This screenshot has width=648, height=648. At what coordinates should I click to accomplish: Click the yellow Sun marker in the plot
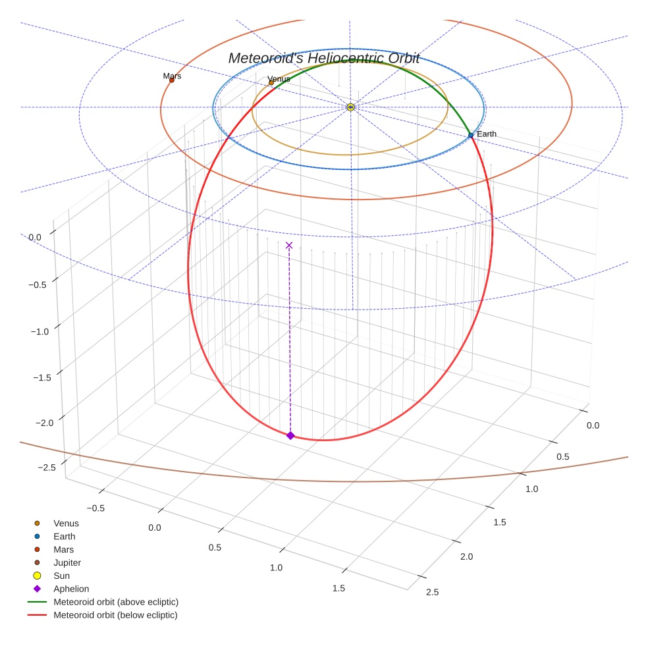point(350,107)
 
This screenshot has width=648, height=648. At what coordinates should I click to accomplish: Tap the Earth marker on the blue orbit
point(471,135)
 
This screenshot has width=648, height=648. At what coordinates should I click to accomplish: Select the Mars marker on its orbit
point(172,80)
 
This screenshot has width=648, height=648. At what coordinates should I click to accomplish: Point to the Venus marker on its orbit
point(271,83)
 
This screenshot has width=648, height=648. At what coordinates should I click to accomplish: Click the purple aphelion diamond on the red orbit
point(290,435)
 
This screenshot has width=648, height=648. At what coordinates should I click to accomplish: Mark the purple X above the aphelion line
point(289,245)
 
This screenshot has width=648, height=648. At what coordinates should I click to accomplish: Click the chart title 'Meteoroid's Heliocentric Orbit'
point(323,58)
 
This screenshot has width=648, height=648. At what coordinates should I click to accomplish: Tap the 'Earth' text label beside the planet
point(487,134)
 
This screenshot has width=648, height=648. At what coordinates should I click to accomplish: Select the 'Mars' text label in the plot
point(172,76)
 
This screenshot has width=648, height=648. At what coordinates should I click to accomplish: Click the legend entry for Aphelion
point(71,589)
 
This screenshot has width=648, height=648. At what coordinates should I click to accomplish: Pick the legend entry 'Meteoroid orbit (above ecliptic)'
point(116,602)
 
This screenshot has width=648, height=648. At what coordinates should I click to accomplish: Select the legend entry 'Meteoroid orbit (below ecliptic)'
point(116,615)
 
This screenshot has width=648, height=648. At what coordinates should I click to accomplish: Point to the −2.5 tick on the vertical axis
point(47,467)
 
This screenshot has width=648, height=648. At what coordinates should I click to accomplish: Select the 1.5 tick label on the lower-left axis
point(338,588)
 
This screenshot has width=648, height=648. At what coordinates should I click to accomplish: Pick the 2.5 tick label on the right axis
point(433,592)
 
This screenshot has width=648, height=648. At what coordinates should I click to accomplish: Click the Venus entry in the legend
point(66,523)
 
